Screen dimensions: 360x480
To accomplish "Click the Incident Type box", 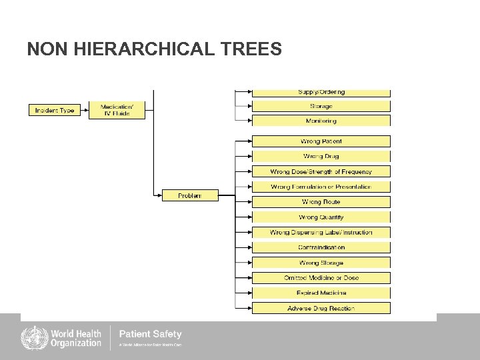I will [x=55, y=110].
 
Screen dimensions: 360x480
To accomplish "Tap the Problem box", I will [x=190, y=195].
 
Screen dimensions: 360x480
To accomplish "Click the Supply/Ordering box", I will [x=321, y=93].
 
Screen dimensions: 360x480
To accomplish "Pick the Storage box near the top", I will [x=321, y=106].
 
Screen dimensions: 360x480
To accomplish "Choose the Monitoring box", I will [x=321, y=121].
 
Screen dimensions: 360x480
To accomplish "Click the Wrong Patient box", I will [x=321, y=141].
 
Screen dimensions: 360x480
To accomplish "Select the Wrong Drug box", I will [x=321, y=156].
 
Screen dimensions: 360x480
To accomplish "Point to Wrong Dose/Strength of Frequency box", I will [x=321, y=171].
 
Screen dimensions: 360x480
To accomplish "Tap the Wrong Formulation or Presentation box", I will [x=321, y=187].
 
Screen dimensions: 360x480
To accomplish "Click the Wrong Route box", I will [x=321, y=201].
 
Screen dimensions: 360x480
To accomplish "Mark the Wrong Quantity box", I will [x=321, y=217].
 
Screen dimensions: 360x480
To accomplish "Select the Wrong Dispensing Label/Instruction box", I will [x=321, y=233].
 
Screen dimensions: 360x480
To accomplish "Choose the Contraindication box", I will [x=321, y=247].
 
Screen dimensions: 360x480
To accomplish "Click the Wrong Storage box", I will [x=321, y=263].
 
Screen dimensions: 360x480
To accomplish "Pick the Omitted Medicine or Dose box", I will [x=321, y=277].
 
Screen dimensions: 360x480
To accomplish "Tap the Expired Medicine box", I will [x=321, y=293].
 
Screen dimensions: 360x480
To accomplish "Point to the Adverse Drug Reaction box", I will [x=321, y=308].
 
